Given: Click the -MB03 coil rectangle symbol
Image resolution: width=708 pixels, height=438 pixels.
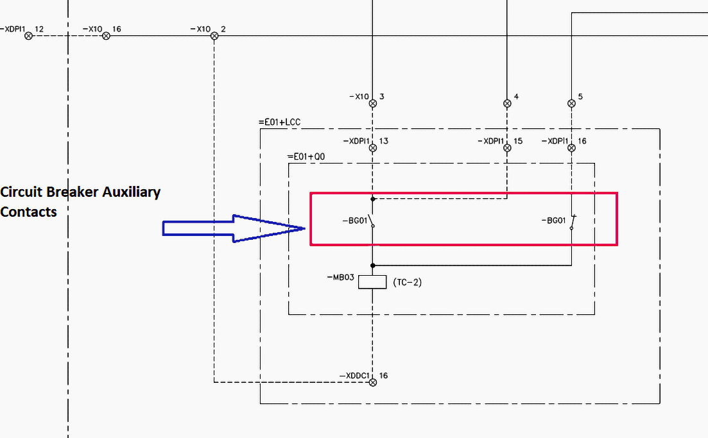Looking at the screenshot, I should [372, 282].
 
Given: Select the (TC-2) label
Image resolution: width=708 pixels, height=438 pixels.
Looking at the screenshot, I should [407, 282].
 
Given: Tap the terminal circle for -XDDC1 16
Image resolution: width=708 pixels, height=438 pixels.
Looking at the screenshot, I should [372, 382].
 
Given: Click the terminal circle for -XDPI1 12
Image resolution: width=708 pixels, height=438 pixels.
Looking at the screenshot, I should [28, 36].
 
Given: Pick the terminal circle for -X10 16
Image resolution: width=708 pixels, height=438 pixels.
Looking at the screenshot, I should [107, 36].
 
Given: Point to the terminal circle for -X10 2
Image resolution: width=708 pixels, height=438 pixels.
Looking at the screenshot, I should [214, 36].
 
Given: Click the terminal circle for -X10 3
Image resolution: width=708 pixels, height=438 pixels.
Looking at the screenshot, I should [372, 103].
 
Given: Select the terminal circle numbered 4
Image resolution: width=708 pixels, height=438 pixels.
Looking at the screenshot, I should [507, 103].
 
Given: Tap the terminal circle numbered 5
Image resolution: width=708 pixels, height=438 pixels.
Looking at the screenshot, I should [571, 103].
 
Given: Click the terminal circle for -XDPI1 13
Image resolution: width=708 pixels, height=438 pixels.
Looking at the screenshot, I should [372, 147].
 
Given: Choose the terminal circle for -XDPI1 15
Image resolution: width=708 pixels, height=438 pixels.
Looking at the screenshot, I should [507, 147].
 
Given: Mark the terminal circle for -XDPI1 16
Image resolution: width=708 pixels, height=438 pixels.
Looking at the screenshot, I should [571, 147].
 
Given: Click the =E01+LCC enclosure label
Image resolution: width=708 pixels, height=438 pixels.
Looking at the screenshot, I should [279, 122].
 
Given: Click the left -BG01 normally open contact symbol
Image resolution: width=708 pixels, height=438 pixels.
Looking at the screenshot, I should [371, 221].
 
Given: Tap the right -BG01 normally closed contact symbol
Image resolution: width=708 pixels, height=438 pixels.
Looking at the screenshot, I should [573, 222].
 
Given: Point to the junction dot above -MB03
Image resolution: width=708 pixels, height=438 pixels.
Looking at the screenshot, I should [372, 265].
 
